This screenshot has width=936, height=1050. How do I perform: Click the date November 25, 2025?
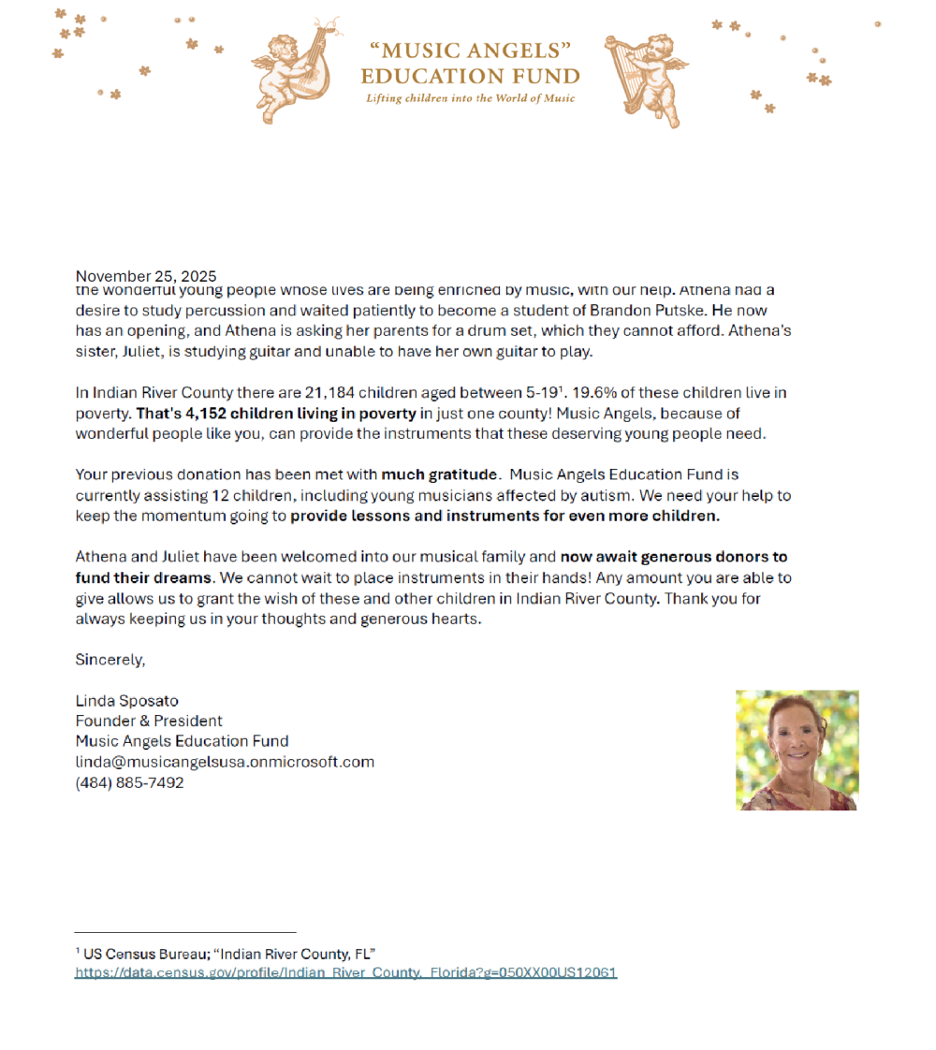point(145,276)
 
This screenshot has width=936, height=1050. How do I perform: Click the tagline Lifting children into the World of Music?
point(470,98)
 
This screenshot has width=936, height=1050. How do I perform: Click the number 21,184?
point(329,393)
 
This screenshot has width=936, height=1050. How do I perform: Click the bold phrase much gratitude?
point(439,475)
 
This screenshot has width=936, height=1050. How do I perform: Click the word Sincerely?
point(110,660)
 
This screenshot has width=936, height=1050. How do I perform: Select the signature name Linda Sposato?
point(126,701)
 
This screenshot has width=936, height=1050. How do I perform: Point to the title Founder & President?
point(149,722)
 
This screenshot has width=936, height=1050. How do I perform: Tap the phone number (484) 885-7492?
point(129,783)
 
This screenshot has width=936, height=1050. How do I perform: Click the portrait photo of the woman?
point(797,750)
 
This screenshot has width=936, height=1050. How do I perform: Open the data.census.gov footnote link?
point(345,973)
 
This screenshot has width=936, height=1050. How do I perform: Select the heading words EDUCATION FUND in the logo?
point(470,77)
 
